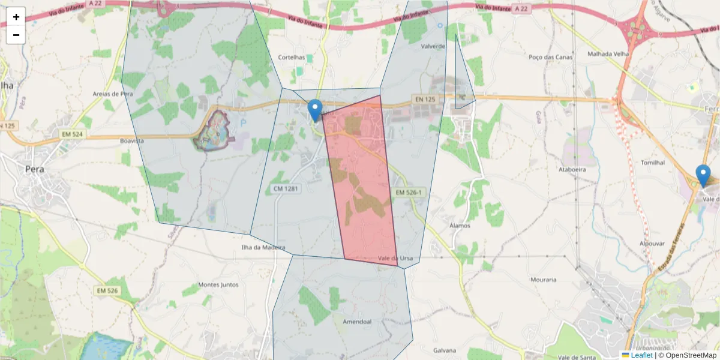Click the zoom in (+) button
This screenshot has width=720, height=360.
[16, 17]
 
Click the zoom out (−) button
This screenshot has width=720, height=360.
[16, 35]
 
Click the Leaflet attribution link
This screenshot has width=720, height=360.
[641, 355]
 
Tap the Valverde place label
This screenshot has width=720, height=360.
[433, 46]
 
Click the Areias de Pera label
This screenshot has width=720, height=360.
[112, 94]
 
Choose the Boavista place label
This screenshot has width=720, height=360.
[132, 140]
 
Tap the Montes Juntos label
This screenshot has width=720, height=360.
[218, 285]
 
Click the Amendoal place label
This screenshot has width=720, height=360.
[357, 322]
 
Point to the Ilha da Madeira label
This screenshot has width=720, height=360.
[263, 247]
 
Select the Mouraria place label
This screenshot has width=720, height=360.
[544, 280]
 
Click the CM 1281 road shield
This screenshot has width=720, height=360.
[286, 189]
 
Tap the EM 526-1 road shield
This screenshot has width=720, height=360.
[409, 193]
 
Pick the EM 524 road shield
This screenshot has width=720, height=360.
[72, 134]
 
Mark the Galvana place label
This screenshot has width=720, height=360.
[445, 350]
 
